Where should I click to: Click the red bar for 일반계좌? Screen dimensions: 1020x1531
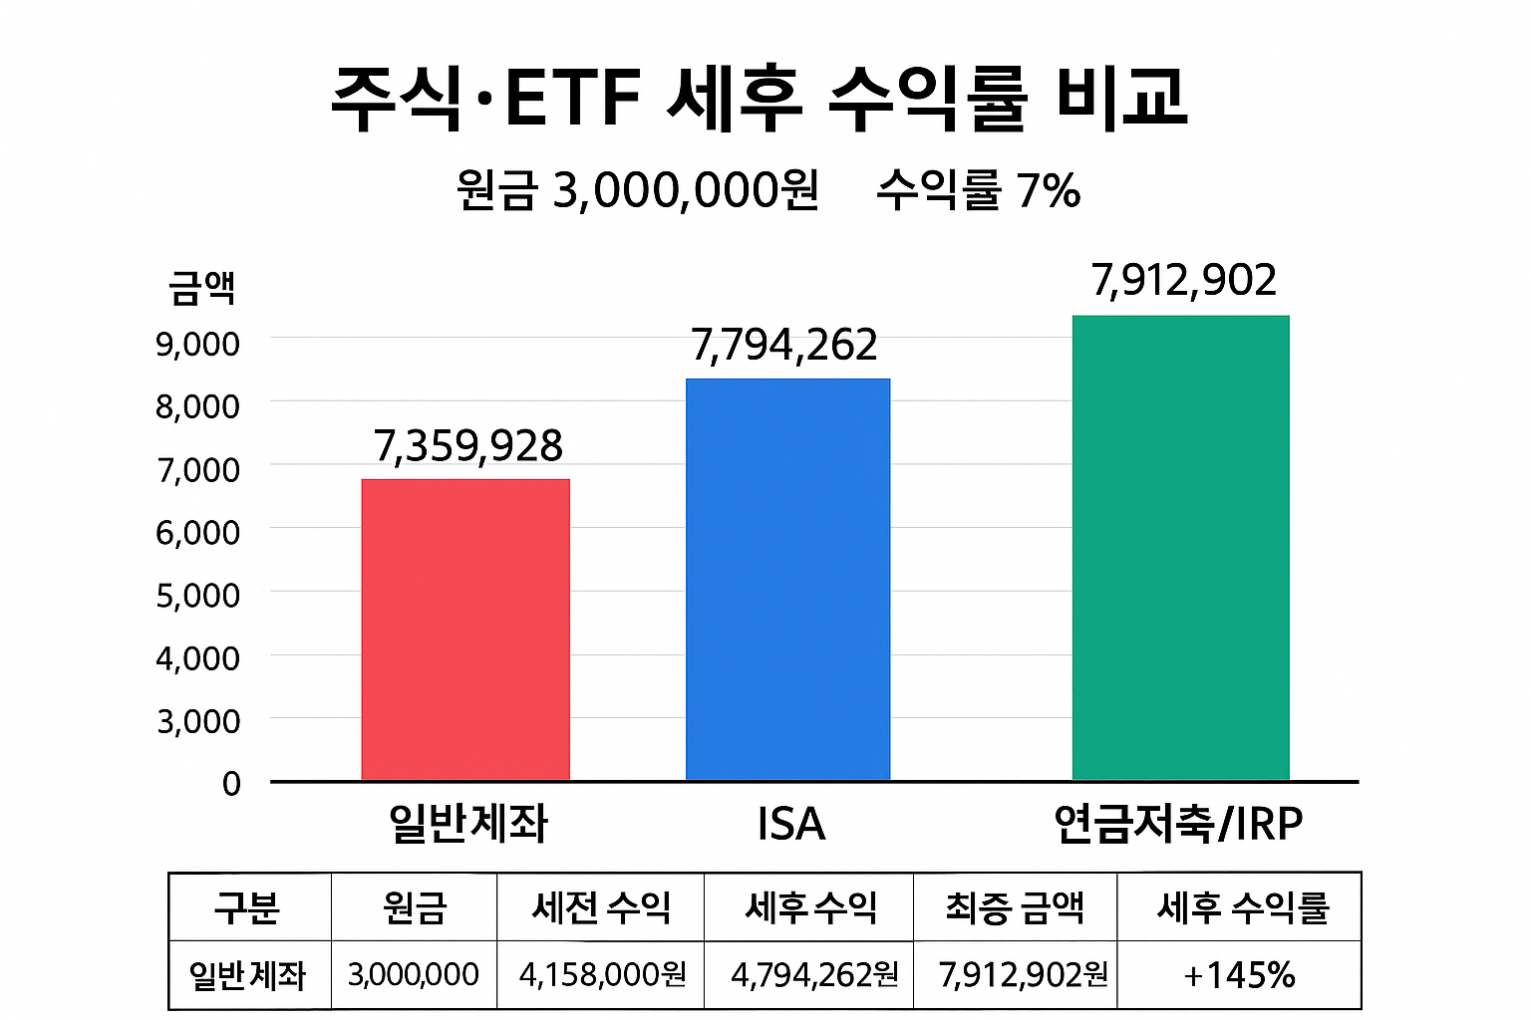(x=465, y=630)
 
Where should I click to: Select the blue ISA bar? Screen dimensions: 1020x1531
(x=787, y=579)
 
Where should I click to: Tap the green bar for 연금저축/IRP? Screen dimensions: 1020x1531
(x=1180, y=548)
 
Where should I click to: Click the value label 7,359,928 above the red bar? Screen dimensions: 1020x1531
(x=468, y=446)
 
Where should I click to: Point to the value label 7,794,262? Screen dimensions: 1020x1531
(x=784, y=346)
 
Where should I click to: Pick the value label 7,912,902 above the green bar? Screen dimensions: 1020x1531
(x=1183, y=281)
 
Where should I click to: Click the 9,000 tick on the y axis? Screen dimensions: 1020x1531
(x=197, y=344)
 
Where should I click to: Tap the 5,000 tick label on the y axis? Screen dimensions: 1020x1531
(x=197, y=596)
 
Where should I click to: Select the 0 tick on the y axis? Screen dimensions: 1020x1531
(x=231, y=784)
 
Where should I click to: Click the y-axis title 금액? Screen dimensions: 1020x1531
(x=201, y=288)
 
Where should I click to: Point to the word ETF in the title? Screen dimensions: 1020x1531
(x=572, y=99)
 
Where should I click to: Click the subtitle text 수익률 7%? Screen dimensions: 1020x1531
(x=978, y=189)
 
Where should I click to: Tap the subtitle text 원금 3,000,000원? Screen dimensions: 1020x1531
(x=638, y=189)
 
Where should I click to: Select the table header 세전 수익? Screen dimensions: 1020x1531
(x=601, y=907)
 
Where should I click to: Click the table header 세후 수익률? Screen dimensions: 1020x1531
(x=1242, y=907)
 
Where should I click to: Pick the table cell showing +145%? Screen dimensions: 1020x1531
(x=1239, y=975)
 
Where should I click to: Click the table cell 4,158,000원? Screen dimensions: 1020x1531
(x=602, y=975)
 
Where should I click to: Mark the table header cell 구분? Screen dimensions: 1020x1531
(x=247, y=907)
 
